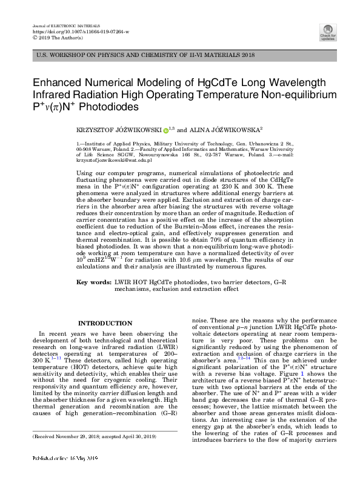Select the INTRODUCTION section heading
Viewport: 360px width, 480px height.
(x=105, y=323)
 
